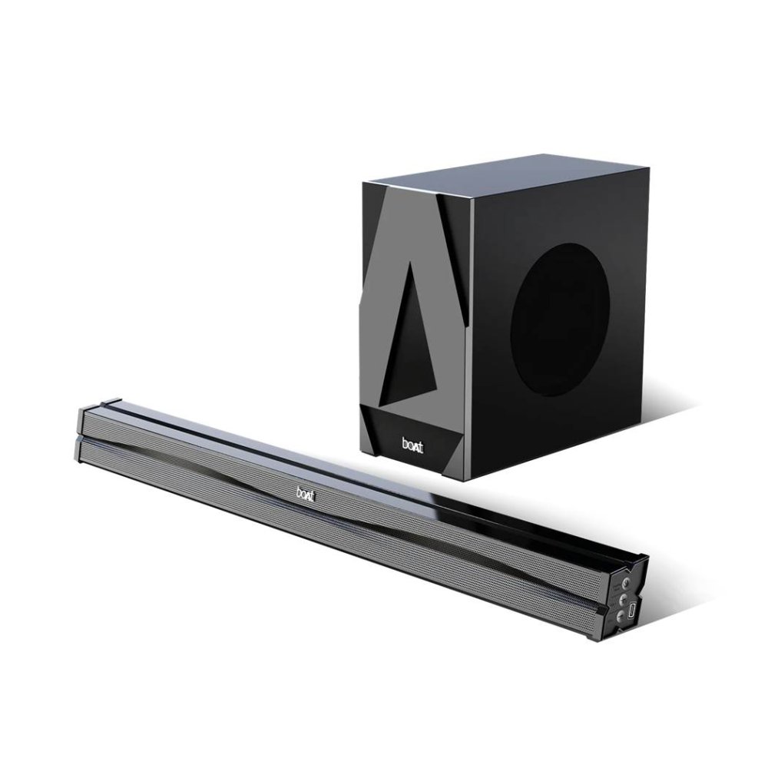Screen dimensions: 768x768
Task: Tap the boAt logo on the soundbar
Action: coord(306,493)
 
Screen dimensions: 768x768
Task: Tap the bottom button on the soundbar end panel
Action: coord(621,616)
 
